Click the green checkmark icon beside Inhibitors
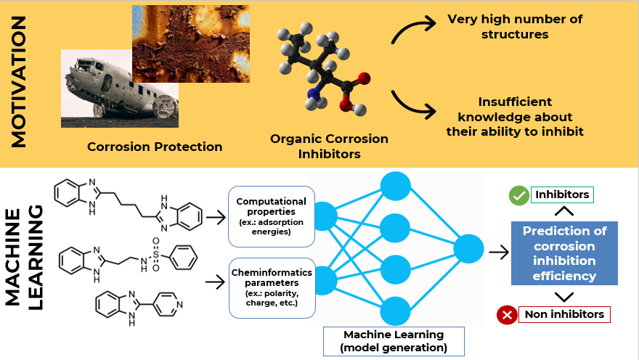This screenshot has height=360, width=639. tap(518, 195)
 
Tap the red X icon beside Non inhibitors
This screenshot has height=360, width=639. tap(506, 315)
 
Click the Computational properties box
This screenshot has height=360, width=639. tap(272, 216)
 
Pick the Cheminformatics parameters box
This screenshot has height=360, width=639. tap(272, 287)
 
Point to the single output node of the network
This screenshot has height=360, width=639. tap(468, 250)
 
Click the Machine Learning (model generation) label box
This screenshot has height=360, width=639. tap(394, 341)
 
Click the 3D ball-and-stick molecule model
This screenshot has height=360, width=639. tap(325, 71)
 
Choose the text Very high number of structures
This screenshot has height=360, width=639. tap(514, 26)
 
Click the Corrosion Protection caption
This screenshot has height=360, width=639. tap(155, 147)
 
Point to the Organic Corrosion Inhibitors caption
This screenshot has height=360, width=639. tap(329, 146)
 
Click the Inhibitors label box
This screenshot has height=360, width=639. tap(562, 195)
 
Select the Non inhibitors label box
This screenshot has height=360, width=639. tap(564, 314)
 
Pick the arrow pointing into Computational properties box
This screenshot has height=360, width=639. tap(216, 216)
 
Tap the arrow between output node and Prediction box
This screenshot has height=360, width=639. tap(499, 252)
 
